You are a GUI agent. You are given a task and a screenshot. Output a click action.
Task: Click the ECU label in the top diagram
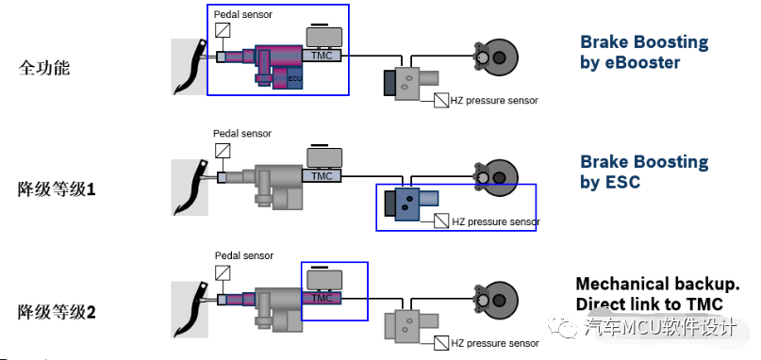(x=294, y=78)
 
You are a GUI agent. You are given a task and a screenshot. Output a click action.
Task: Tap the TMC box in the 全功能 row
(x=322, y=56)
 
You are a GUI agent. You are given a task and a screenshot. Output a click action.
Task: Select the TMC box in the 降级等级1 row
(x=322, y=175)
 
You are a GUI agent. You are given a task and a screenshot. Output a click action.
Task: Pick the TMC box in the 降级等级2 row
(x=322, y=298)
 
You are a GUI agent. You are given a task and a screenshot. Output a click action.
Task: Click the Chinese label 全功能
(x=44, y=68)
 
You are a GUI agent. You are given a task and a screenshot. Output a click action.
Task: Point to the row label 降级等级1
(x=57, y=188)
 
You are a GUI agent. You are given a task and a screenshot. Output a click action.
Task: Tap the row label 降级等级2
(x=57, y=312)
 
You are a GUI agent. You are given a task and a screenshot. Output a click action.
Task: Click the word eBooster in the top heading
(x=644, y=62)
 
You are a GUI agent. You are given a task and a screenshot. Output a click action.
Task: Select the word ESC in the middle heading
(x=624, y=182)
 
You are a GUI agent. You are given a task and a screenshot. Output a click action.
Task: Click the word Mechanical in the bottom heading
(x=616, y=284)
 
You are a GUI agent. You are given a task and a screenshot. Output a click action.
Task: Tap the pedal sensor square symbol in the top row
(x=223, y=30)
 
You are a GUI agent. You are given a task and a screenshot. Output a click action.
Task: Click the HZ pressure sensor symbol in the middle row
(x=441, y=221)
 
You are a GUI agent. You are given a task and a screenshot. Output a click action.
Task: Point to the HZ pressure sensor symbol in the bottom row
(x=441, y=343)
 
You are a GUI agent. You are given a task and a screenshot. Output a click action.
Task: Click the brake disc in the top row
(x=497, y=57)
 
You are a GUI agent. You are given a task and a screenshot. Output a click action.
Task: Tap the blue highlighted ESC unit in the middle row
(x=411, y=204)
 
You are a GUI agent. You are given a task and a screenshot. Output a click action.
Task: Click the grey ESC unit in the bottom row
(x=411, y=324)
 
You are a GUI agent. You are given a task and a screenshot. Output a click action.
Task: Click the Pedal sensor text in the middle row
(x=242, y=134)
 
